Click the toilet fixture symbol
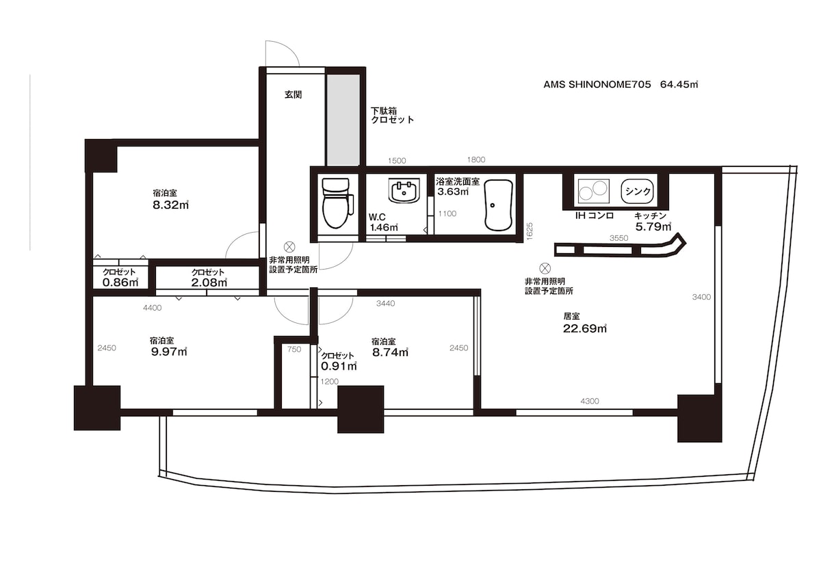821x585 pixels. coord(337,203)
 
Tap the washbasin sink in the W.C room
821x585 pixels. coord(404,190)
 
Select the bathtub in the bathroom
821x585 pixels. coord(498,205)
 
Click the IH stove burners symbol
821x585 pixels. coord(594,191)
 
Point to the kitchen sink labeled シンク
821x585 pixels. coord(638,191)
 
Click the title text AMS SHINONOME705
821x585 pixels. coord(597,85)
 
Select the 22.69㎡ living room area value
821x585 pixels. coord(585,328)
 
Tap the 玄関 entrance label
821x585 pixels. coord(294,95)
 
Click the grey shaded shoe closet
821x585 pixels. coord(343,120)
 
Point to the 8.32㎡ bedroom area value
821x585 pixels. coord(171,205)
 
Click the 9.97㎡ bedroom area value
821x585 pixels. coord(169,352)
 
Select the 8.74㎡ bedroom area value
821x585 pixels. coord(391,352)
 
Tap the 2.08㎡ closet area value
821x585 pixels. coord(209,283)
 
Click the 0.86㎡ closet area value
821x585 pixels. coord(120,282)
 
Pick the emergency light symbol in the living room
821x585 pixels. coord(545,268)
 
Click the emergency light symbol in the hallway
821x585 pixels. coord(289,247)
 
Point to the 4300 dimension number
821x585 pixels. coord(590,402)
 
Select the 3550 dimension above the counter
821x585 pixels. coord(618,238)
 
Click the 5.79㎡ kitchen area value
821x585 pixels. coord(653,227)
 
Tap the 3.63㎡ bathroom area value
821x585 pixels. coord(453,192)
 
